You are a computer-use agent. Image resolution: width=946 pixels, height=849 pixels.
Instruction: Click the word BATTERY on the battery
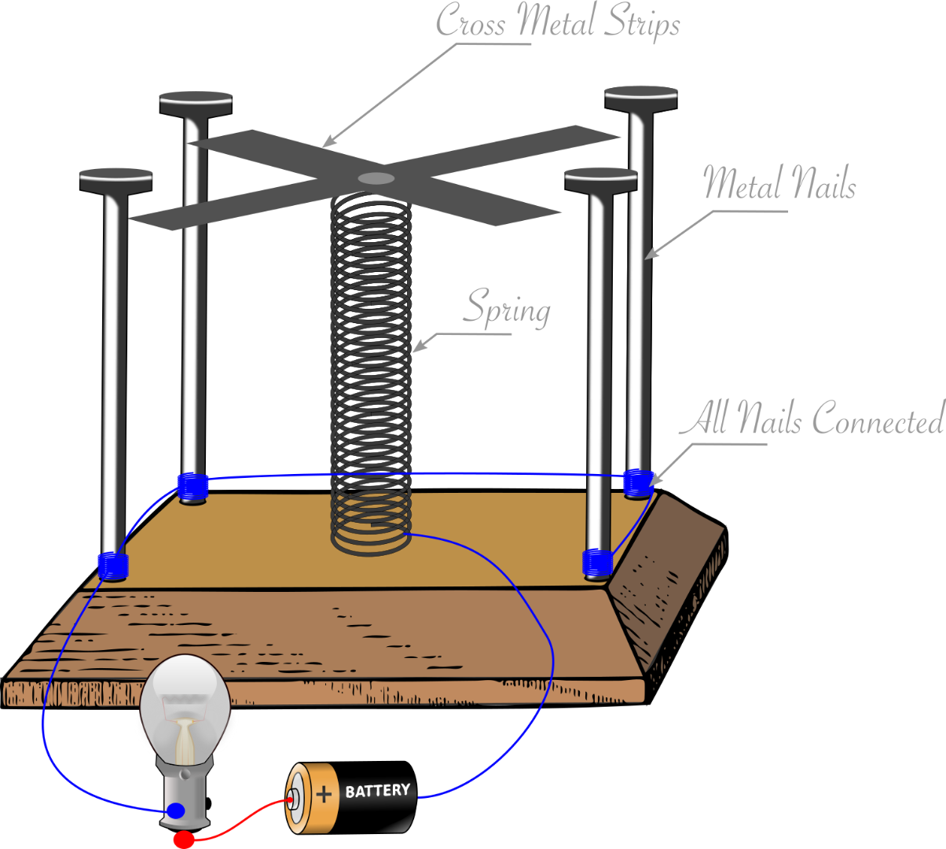[378, 790]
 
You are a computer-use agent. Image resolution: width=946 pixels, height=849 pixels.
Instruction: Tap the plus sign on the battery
[324, 794]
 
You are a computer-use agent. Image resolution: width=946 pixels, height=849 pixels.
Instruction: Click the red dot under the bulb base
[183, 840]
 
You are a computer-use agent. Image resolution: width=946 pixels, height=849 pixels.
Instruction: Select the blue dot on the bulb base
[177, 810]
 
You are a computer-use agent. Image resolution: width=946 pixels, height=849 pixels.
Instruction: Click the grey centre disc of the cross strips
[376, 178]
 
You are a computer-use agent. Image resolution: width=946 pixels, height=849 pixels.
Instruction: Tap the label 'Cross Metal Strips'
[558, 21]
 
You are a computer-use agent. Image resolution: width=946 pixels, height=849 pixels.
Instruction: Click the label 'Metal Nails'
[779, 183]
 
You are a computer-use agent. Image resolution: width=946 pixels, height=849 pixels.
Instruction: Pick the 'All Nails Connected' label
[812, 419]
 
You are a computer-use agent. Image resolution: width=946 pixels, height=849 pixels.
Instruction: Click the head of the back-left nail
[196, 102]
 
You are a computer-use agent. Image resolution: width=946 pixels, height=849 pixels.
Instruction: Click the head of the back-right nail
[640, 98]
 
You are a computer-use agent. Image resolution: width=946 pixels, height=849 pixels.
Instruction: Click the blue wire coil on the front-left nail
[112, 564]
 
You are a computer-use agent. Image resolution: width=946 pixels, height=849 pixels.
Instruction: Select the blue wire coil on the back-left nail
[192, 487]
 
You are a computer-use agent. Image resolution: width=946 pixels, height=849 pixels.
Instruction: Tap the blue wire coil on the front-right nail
[597, 560]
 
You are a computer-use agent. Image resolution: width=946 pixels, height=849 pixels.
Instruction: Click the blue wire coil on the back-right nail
[638, 481]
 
